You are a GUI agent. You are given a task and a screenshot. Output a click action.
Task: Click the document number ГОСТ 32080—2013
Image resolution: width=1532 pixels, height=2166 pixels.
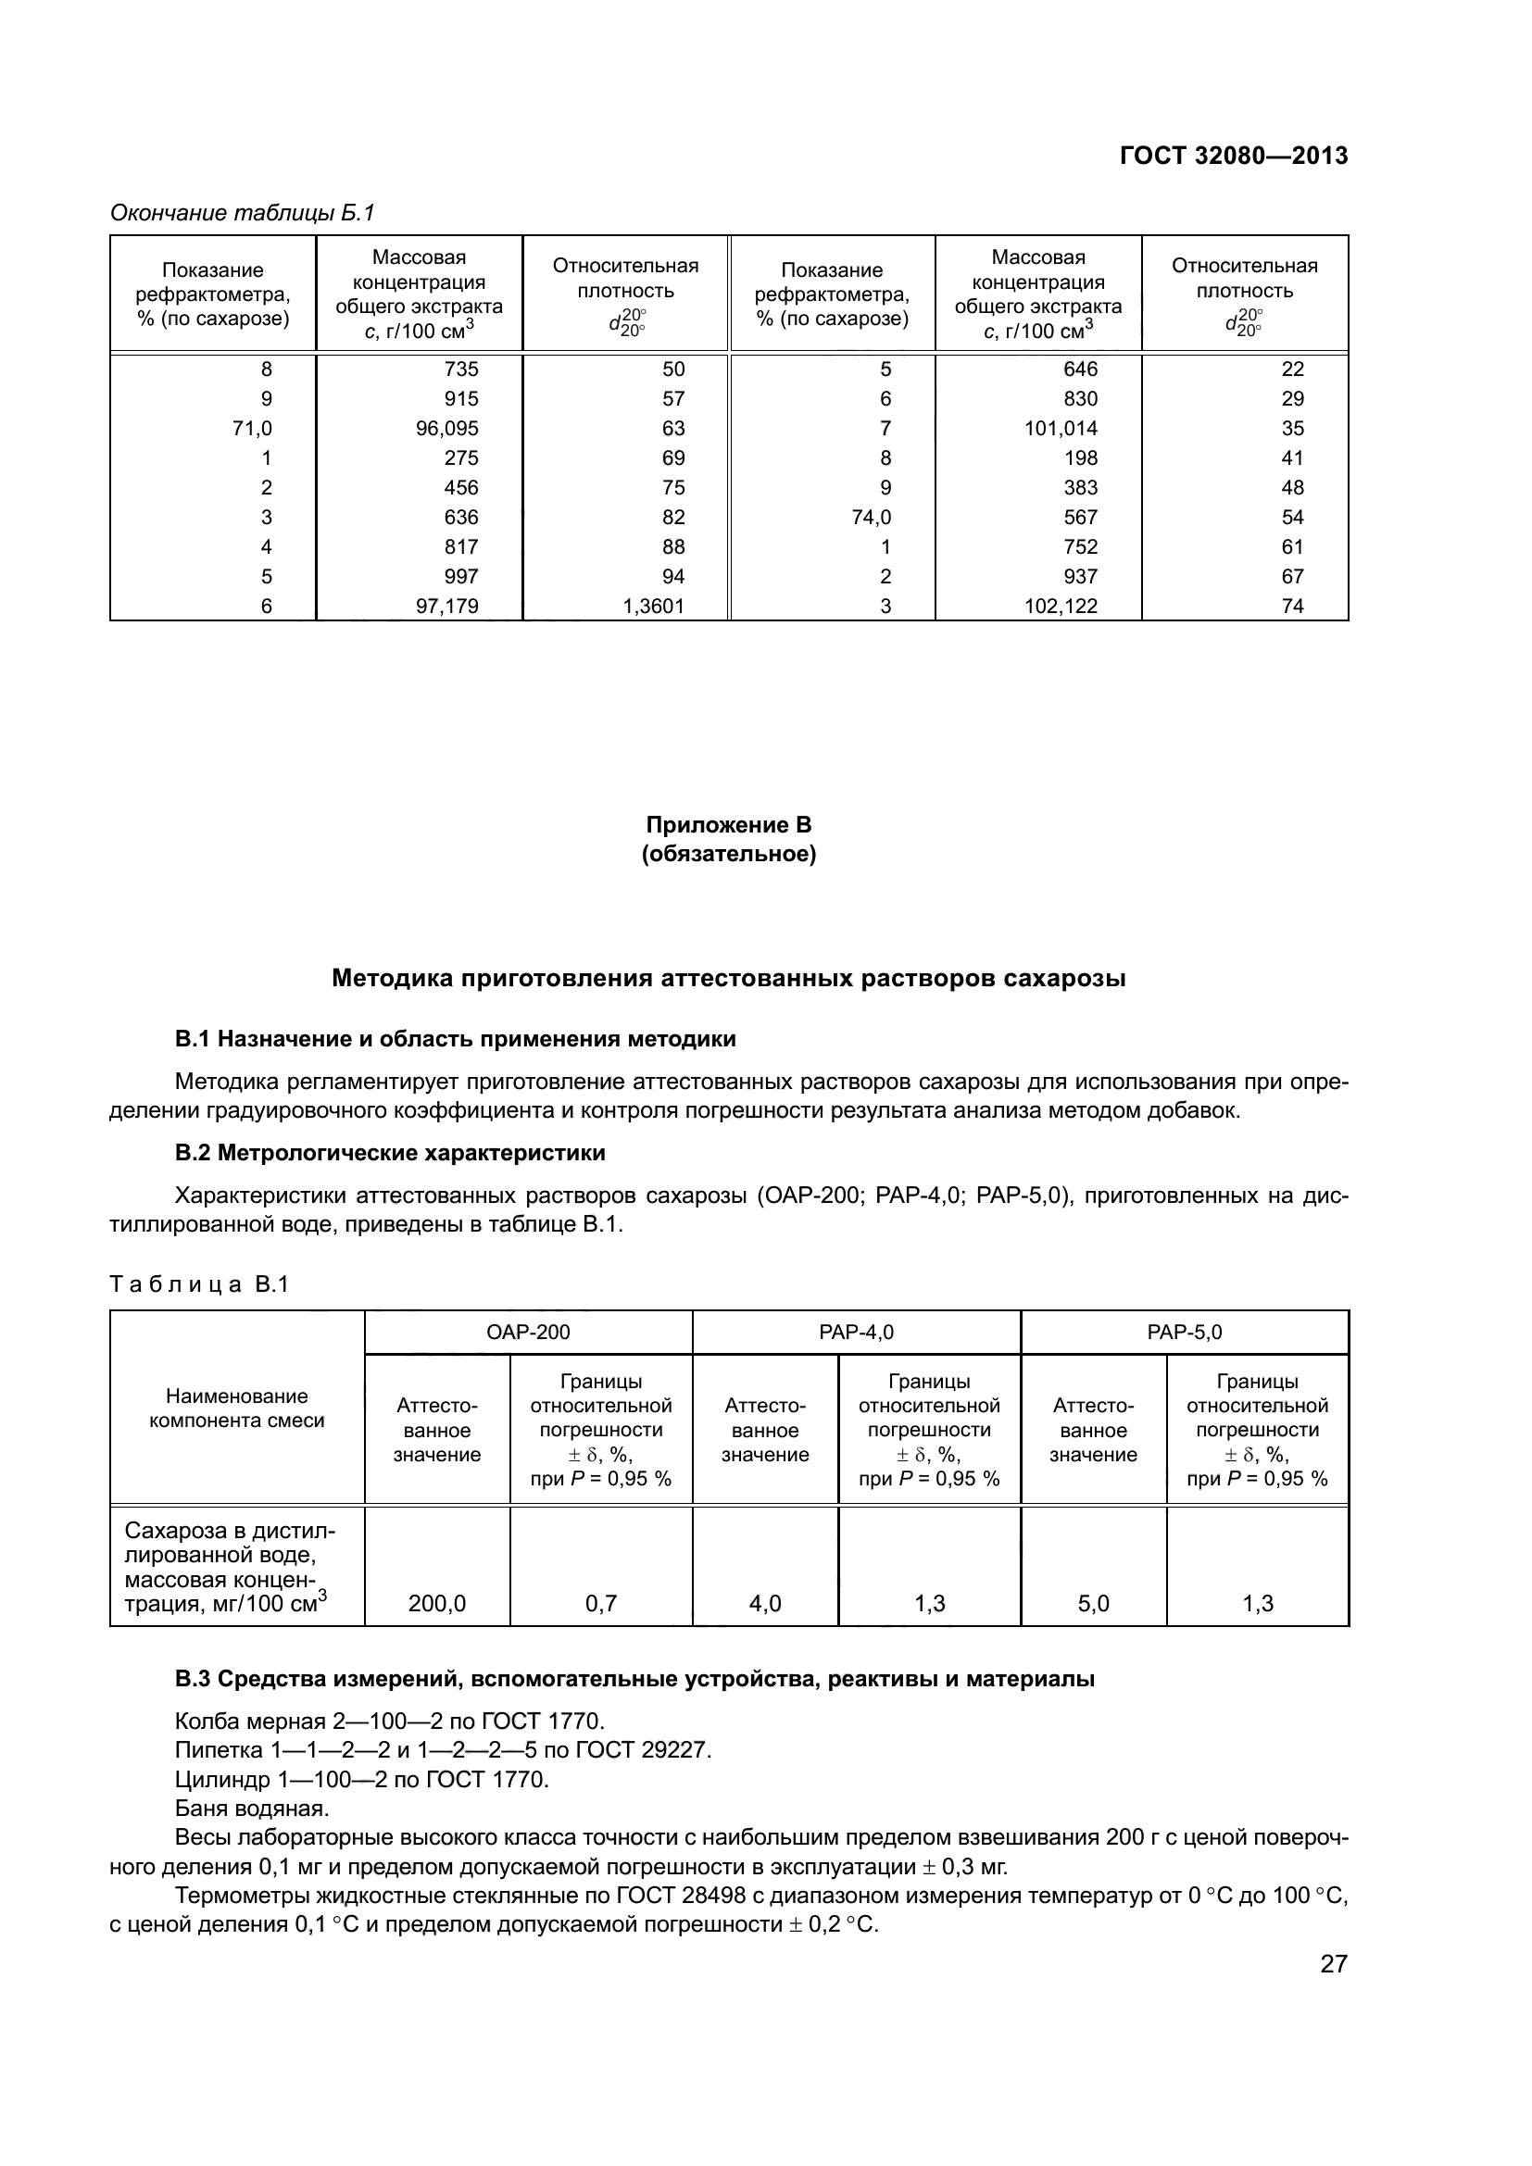[x=1233, y=157]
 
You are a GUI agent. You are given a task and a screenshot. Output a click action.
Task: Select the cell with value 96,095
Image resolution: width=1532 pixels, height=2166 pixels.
[x=447, y=429]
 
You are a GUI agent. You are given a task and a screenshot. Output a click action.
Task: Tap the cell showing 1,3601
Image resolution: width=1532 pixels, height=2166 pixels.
[x=654, y=606]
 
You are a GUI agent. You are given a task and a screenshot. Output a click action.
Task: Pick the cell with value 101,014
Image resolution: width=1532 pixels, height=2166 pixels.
[x=1061, y=429]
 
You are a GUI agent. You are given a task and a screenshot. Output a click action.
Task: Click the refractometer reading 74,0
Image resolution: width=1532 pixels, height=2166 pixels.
[x=871, y=517]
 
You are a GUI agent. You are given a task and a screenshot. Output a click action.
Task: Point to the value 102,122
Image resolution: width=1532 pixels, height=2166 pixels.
[x=1061, y=606]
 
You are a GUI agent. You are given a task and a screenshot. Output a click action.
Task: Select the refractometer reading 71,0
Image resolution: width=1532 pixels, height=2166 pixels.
[x=252, y=429]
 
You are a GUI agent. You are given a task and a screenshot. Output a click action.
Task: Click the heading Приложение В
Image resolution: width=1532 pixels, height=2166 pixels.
[x=728, y=824]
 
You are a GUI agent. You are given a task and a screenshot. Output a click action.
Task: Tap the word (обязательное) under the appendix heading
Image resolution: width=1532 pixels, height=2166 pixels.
[x=728, y=855]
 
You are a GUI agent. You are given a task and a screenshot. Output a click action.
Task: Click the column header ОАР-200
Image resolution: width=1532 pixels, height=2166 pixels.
[x=528, y=1332]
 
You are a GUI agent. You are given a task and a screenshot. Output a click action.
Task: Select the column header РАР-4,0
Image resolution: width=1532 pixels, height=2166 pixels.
[x=856, y=1332]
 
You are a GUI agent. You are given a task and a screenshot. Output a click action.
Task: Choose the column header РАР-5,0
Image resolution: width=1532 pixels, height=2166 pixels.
[x=1184, y=1332]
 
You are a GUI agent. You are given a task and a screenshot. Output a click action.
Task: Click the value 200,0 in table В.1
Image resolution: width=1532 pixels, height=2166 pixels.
[x=437, y=1603]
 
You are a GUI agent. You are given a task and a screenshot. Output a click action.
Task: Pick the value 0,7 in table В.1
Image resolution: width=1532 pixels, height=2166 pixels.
[x=601, y=1603]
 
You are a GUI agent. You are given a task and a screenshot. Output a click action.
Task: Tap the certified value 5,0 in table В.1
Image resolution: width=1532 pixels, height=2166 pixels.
[x=1093, y=1603]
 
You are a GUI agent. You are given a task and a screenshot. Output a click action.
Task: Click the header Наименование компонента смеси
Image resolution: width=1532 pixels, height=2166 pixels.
[x=237, y=1409]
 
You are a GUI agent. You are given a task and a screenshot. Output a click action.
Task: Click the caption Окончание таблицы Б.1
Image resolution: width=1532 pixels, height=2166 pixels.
[x=243, y=213]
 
